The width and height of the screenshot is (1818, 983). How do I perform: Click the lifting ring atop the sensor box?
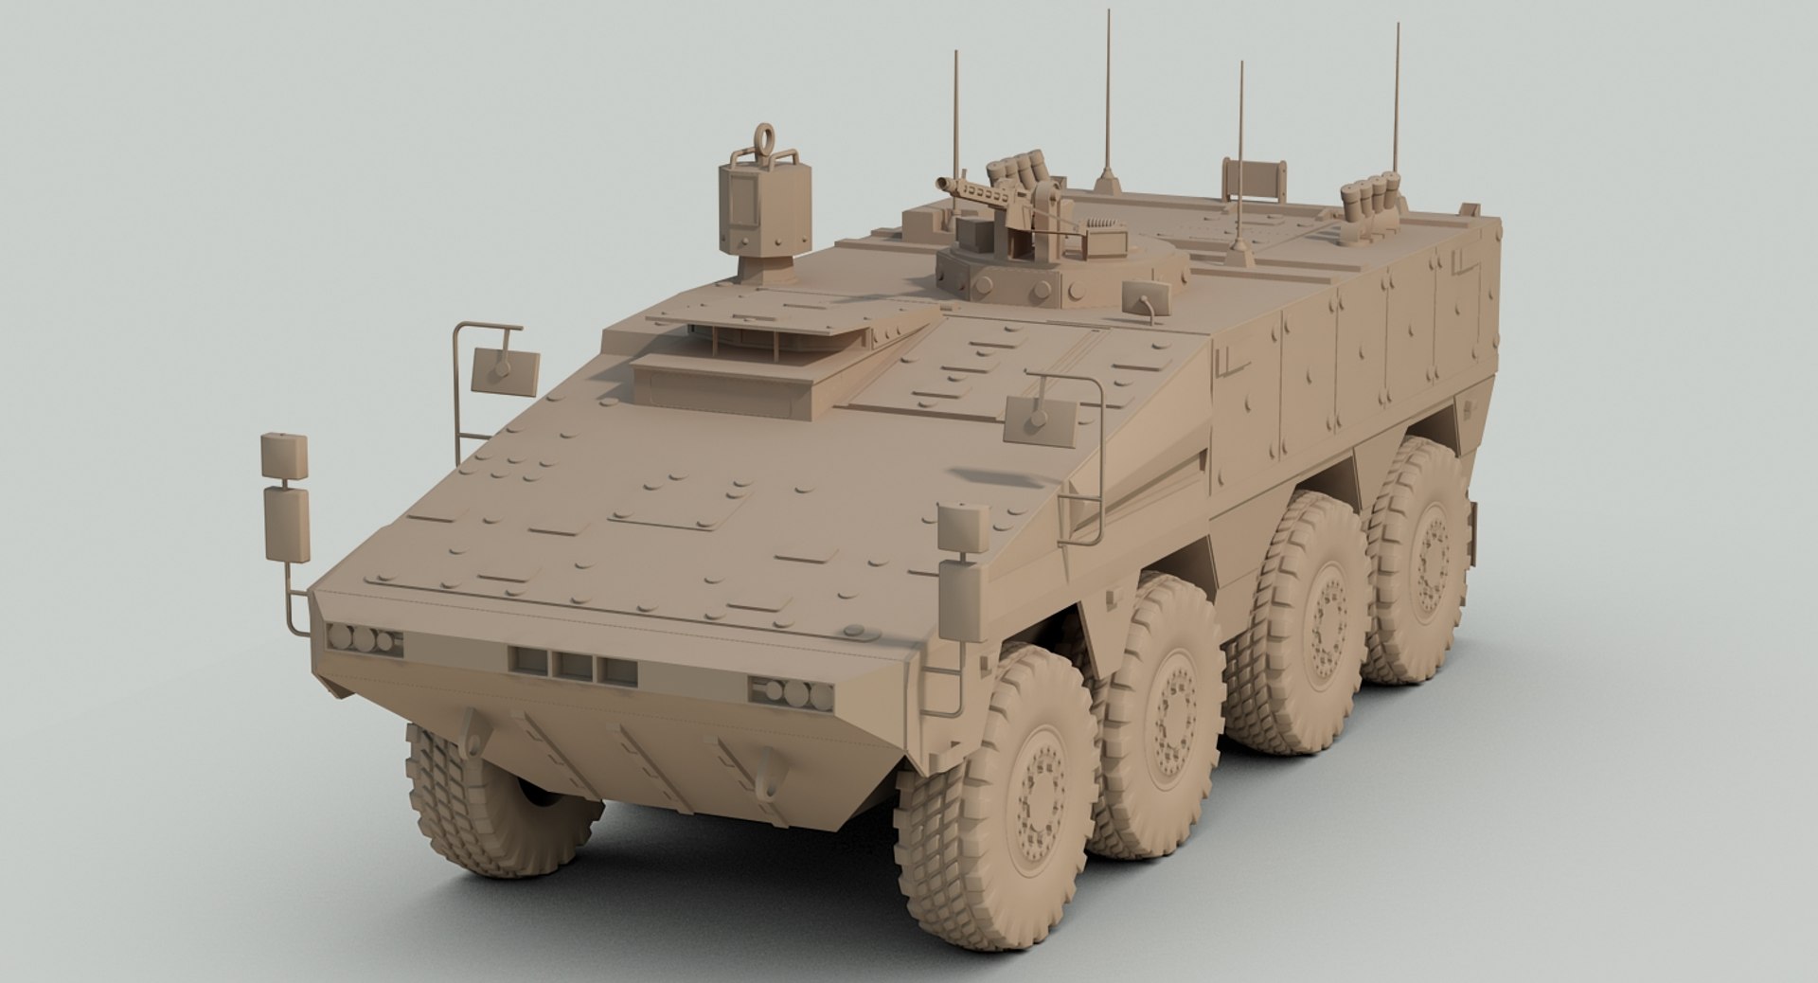click(764, 142)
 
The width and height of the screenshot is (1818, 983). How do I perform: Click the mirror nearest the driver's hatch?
click(505, 371)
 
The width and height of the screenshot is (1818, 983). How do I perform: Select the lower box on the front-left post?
click(285, 523)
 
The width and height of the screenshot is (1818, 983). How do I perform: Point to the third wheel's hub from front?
click(1321, 616)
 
